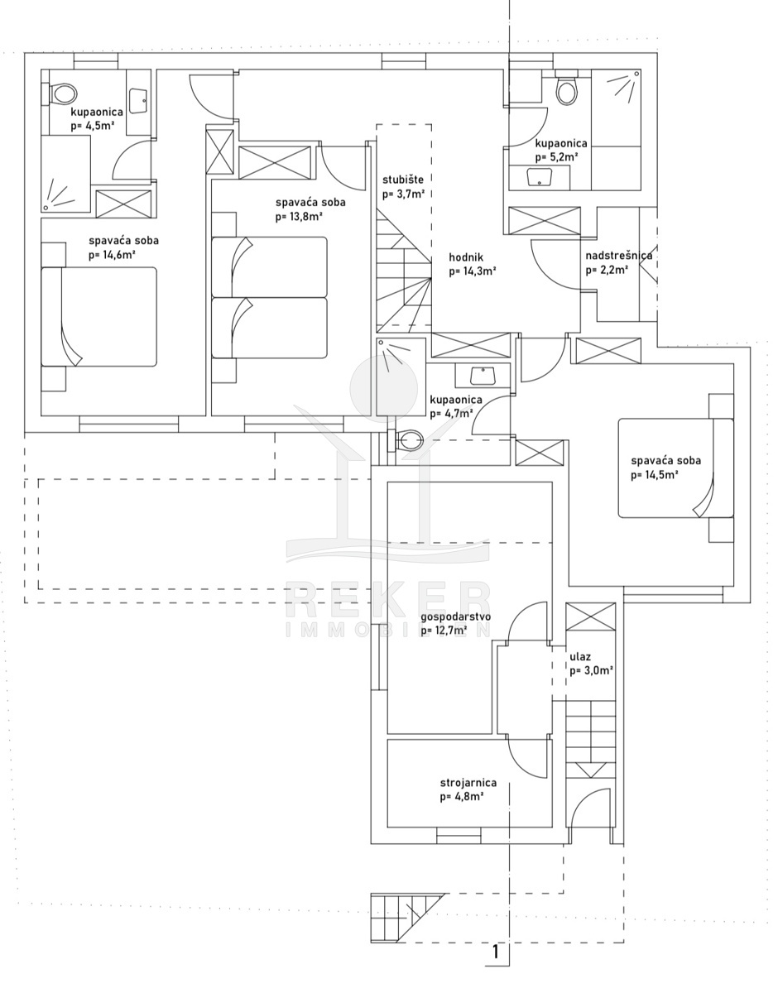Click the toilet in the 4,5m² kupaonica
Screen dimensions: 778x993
(x=60, y=94)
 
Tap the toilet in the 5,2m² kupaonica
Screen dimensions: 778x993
(x=567, y=89)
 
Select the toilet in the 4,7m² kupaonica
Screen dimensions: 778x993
(x=407, y=441)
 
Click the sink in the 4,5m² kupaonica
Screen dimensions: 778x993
(x=138, y=101)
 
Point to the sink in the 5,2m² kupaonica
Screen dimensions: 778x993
(x=540, y=177)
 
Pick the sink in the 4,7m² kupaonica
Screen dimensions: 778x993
(x=483, y=376)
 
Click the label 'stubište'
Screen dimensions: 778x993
(x=403, y=180)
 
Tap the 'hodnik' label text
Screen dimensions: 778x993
(x=466, y=257)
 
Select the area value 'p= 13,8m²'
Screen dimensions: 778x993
(x=300, y=217)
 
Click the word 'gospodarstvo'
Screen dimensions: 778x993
(x=456, y=617)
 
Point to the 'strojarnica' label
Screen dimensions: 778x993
(x=468, y=783)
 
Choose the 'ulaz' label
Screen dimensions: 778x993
(x=580, y=657)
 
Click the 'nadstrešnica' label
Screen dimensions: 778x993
(x=619, y=256)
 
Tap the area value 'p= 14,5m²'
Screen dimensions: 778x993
(x=654, y=475)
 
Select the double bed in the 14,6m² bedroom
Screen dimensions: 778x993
(x=99, y=317)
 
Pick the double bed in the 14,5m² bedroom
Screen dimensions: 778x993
(x=675, y=468)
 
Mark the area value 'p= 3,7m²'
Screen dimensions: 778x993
(x=404, y=194)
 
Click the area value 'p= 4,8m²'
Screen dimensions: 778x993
(x=462, y=798)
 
